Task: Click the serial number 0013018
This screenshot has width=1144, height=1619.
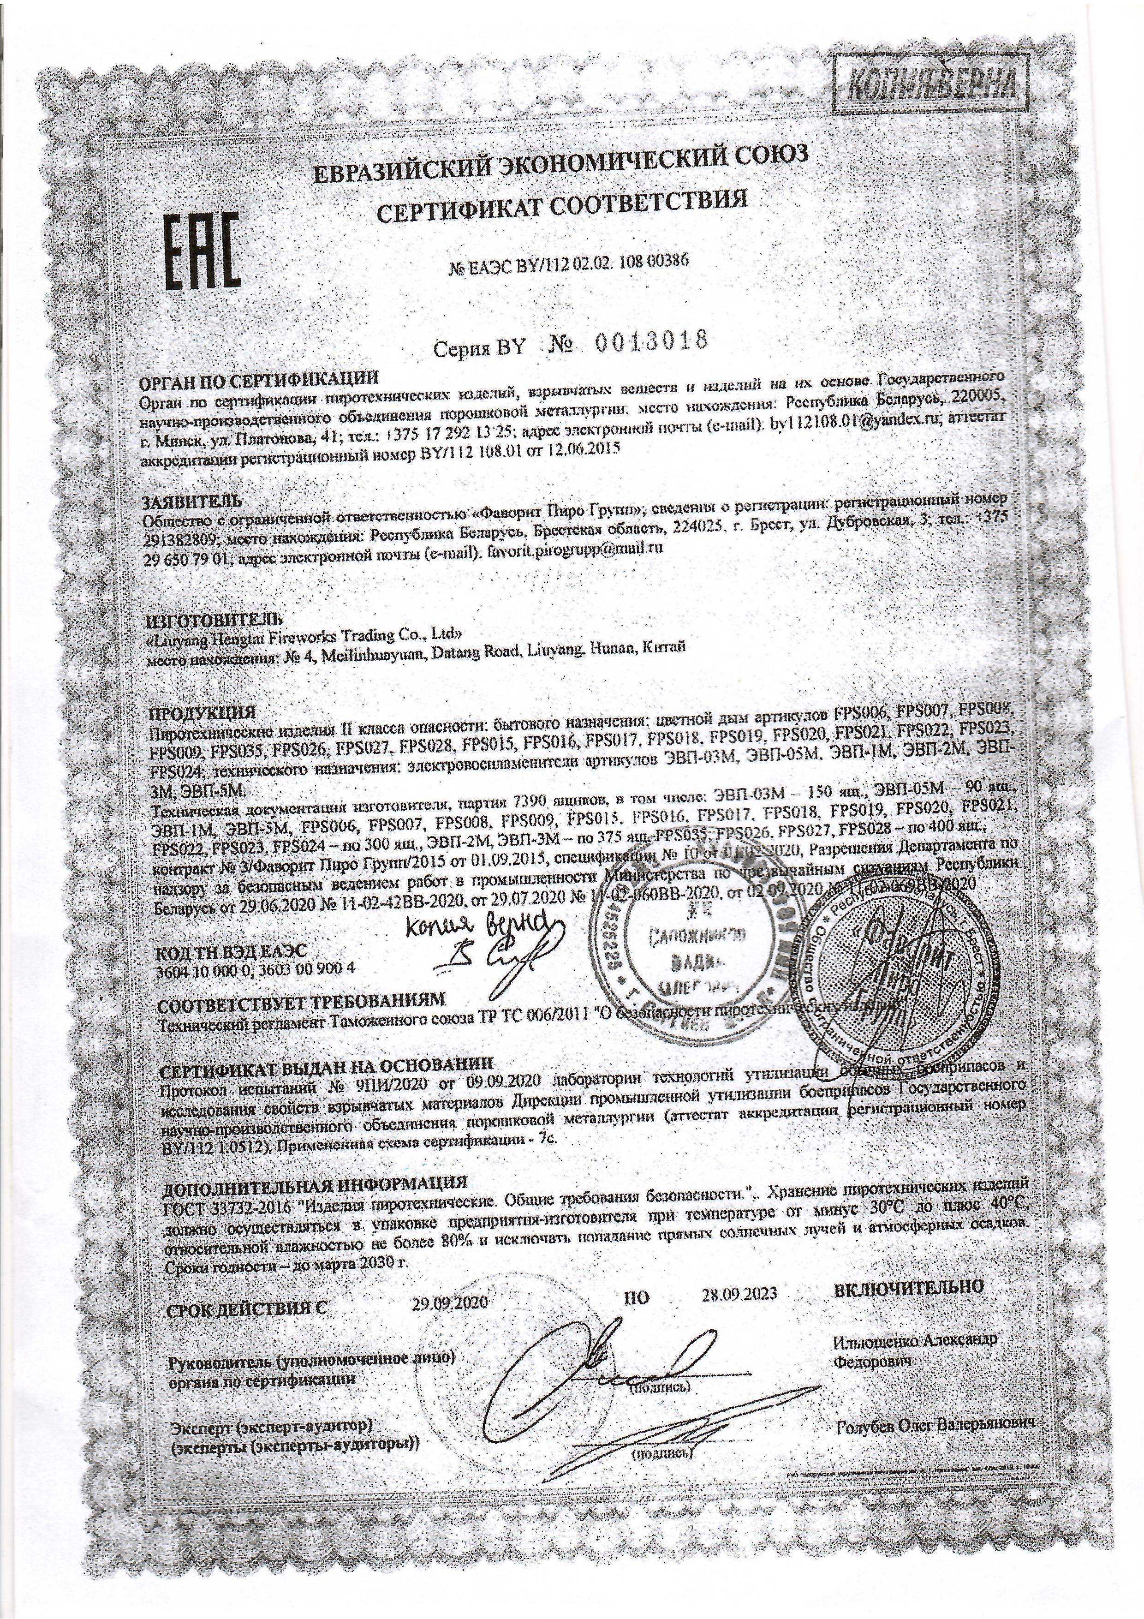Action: (650, 343)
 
